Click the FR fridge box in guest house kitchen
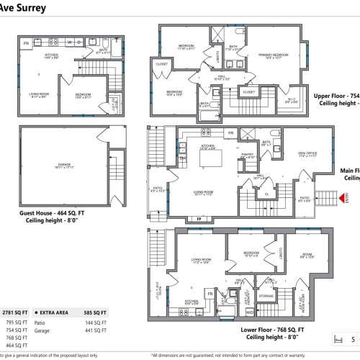click(x=27, y=43)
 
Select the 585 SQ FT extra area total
click(x=95, y=312)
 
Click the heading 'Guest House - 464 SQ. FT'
click(x=68, y=213)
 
